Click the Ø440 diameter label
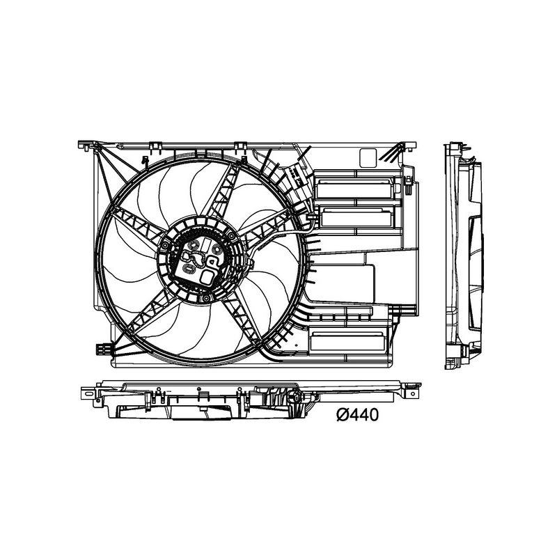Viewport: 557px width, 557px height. click(x=356, y=415)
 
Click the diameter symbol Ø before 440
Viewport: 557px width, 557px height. click(x=342, y=415)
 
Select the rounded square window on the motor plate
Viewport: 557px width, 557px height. click(x=209, y=276)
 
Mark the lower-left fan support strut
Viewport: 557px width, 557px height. click(x=146, y=317)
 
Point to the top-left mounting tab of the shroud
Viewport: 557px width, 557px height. click(x=85, y=146)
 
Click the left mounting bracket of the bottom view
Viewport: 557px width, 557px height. click(x=88, y=394)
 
